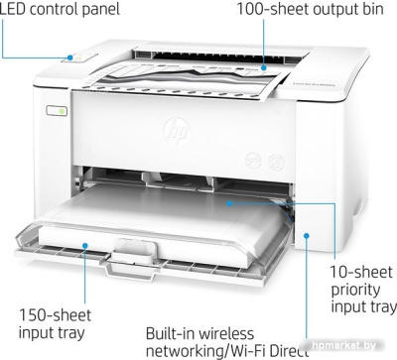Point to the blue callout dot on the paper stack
[228, 201]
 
